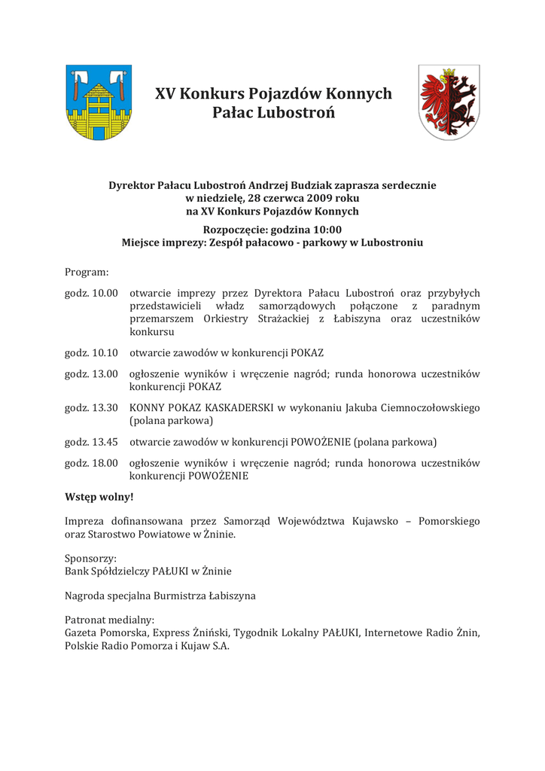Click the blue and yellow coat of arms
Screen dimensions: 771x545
point(99,102)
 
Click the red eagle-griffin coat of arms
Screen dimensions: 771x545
point(449,102)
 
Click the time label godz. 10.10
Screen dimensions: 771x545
point(91,352)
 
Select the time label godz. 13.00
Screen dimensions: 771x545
point(91,373)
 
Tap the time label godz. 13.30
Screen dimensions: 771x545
point(91,407)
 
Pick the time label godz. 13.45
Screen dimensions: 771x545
point(91,442)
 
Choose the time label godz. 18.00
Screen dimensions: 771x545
point(91,463)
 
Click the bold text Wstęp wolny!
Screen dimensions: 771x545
point(99,497)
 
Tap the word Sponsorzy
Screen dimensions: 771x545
point(90,559)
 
